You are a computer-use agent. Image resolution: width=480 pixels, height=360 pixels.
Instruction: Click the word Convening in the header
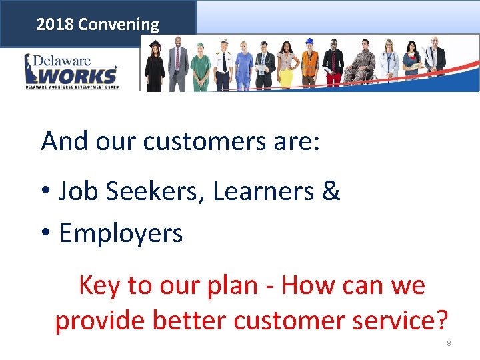(x=119, y=25)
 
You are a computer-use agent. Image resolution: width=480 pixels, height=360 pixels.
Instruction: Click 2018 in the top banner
(x=55, y=25)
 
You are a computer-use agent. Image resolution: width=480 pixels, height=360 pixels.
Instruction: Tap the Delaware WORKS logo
(x=71, y=71)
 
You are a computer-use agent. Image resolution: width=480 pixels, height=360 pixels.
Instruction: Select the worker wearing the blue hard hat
(x=309, y=63)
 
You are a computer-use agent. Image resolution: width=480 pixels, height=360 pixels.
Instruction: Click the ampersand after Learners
(x=331, y=192)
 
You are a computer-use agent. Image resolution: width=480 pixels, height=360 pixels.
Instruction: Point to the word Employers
(x=121, y=234)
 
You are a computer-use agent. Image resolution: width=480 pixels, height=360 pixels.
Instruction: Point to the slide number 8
(x=449, y=343)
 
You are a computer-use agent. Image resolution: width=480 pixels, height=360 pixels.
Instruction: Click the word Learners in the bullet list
(x=263, y=192)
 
